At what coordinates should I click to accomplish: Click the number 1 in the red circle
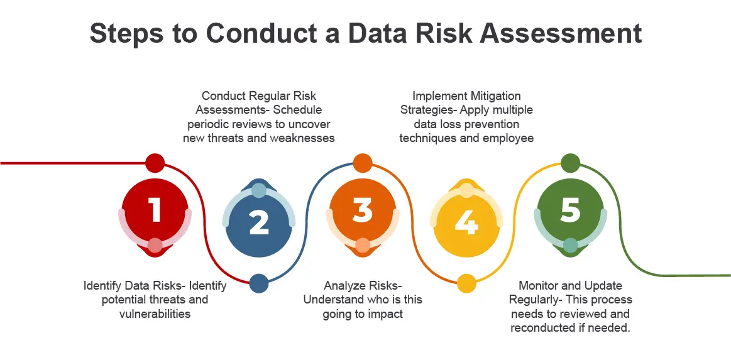[x=155, y=210]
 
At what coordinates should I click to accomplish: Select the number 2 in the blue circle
[x=258, y=222]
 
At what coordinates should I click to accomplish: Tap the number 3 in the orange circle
[x=362, y=210]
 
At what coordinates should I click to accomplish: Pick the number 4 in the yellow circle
[x=466, y=222]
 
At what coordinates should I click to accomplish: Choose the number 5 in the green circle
[x=570, y=210]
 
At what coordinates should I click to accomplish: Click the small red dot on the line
[x=155, y=163]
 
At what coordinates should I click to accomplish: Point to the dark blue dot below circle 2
[x=259, y=283]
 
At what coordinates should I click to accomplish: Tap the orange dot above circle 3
[x=362, y=163]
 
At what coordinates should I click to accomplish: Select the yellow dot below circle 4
[x=466, y=283]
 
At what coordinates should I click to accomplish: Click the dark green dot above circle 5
[x=569, y=163]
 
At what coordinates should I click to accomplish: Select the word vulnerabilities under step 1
[x=155, y=314]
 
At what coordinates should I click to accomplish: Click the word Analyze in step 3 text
[x=344, y=286]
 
